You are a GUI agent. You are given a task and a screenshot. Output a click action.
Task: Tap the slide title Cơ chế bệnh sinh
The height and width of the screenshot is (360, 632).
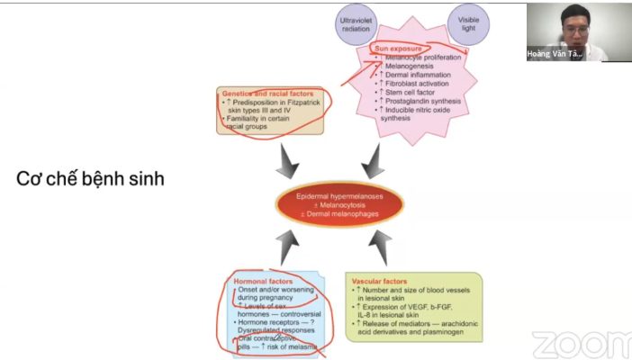(x=90, y=179)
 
